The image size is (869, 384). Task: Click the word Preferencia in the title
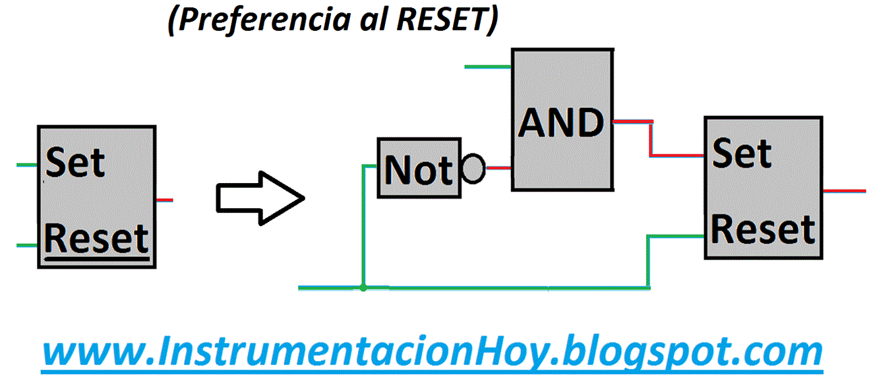[x=264, y=20]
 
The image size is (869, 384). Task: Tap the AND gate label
[x=561, y=123]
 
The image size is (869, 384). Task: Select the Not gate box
[x=419, y=168]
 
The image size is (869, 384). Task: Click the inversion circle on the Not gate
[x=473, y=169]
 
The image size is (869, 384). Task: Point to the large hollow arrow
[x=260, y=198]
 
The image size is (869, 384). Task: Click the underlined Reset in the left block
[x=96, y=239]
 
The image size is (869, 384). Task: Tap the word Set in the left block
[x=75, y=162]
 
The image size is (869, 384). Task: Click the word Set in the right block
[x=742, y=153]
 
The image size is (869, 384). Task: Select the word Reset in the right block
[x=763, y=230]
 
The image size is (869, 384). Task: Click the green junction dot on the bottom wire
[x=363, y=288]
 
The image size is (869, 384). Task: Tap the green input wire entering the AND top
[x=488, y=67]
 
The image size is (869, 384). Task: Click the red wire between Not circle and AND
[x=498, y=168]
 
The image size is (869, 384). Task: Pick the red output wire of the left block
[x=164, y=200]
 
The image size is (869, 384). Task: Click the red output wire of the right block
[x=845, y=190]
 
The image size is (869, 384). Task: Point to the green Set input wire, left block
[x=27, y=165]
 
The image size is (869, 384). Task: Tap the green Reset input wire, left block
[x=27, y=245]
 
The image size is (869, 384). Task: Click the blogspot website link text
[x=432, y=352]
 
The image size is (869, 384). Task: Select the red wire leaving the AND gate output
[x=651, y=139]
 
